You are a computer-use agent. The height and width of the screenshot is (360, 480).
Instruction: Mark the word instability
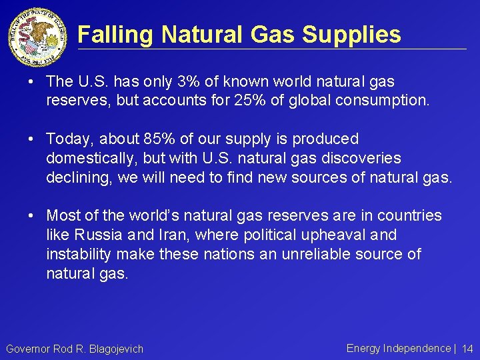click(x=75, y=254)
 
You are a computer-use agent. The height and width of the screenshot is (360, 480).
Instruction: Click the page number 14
click(x=467, y=349)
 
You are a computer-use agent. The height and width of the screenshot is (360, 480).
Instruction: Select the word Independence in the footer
click(x=417, y=348)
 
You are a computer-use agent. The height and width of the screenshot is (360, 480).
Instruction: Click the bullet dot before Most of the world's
click(x=33, y=215)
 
